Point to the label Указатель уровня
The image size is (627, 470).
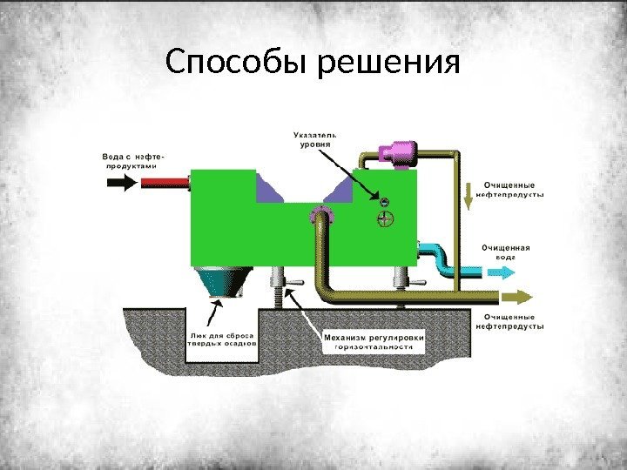pos(315,140)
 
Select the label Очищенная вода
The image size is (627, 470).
pos(505,252)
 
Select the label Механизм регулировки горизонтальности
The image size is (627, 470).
pos(374,340)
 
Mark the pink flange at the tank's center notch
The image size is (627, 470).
pos(320,214)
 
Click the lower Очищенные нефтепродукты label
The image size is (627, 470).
pos(509,321)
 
